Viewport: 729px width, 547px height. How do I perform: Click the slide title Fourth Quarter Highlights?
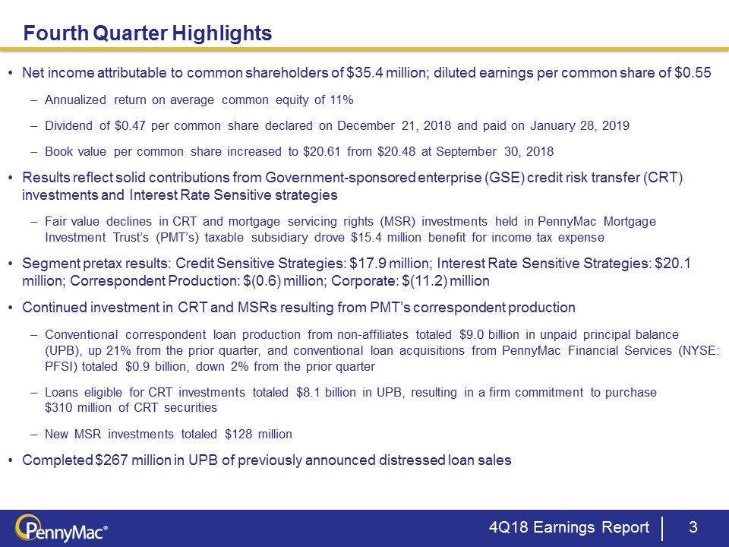click(147, 33)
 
